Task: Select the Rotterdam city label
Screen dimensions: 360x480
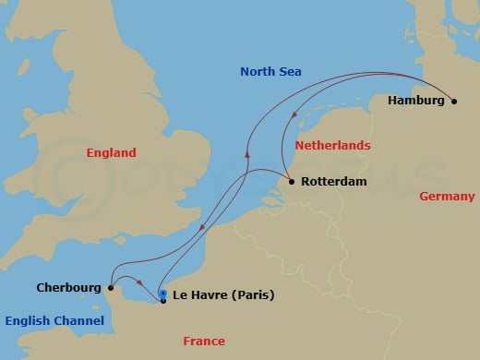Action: click(333, 182)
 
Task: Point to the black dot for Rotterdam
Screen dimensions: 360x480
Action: click(292, 182)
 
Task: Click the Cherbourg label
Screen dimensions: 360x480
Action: click(68, 287)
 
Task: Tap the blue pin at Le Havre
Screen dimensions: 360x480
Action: click(163, 294)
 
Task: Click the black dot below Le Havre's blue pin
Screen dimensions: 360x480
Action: click(163, 301)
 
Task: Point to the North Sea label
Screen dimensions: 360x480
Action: click(270, 72)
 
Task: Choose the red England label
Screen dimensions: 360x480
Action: click(111, 153)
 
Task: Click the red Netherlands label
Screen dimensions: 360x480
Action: click(332, 146)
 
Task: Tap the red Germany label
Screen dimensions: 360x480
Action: click(447, 197)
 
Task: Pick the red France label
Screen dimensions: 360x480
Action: click(203, 342)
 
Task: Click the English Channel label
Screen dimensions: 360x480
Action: click(54, 321)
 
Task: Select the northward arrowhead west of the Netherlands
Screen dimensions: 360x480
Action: click(246, 156)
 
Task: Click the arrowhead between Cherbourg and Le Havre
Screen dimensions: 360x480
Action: click(138, 283)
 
